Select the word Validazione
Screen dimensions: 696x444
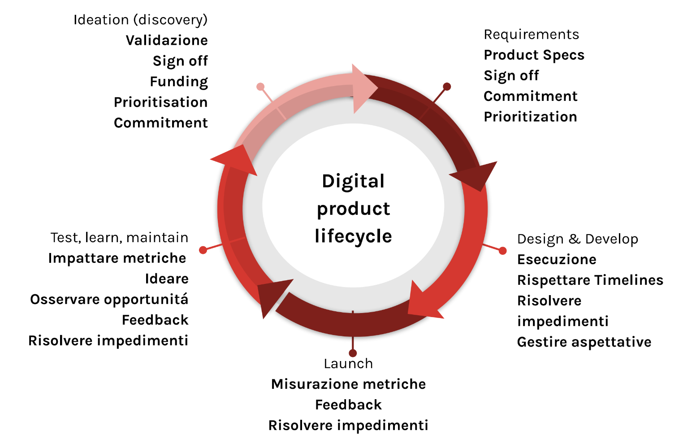[167, 40]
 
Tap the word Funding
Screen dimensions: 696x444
[179, 82]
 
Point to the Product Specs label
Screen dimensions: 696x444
[534, 55]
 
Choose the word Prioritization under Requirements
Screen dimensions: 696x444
[530, 117]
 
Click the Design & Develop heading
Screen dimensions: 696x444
[578, 239]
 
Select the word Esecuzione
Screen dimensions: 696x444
[557, 260]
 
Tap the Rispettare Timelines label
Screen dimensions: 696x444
[590, 280]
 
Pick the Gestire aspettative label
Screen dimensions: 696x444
[584, 342]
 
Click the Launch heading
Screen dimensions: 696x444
[348, 364]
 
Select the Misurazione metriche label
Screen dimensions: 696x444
[348, 384]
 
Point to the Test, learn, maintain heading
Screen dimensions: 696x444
[120, 238]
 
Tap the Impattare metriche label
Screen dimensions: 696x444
[117, 258]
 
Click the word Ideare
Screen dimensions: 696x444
[167, 279]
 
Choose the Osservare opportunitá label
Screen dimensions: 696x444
[109, 300]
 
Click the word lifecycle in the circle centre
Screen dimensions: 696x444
[353, 236]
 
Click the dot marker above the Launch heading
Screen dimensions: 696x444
[353, 353]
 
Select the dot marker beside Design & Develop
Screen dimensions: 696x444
[503, 251]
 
